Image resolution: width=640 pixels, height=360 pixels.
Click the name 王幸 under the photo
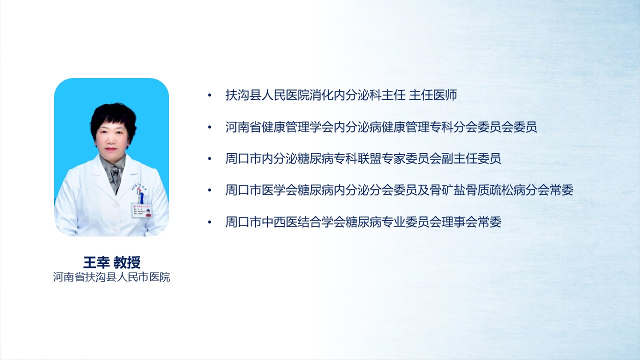(96, 262)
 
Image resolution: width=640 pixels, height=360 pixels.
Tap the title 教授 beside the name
(127, 262)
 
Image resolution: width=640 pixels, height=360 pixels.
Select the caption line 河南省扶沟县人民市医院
(111, 277)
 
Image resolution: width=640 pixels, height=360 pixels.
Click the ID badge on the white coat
(141, 210)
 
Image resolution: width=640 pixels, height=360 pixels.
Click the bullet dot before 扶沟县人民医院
(209, 95)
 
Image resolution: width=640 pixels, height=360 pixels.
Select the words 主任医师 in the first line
(433, 95)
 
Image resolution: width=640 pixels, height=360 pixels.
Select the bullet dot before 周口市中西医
(209, 222)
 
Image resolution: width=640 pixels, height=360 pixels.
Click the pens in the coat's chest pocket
(140, 196)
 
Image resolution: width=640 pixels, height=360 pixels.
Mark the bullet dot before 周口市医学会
(209, 190)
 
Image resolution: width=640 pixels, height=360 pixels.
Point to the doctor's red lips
(110, 149)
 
